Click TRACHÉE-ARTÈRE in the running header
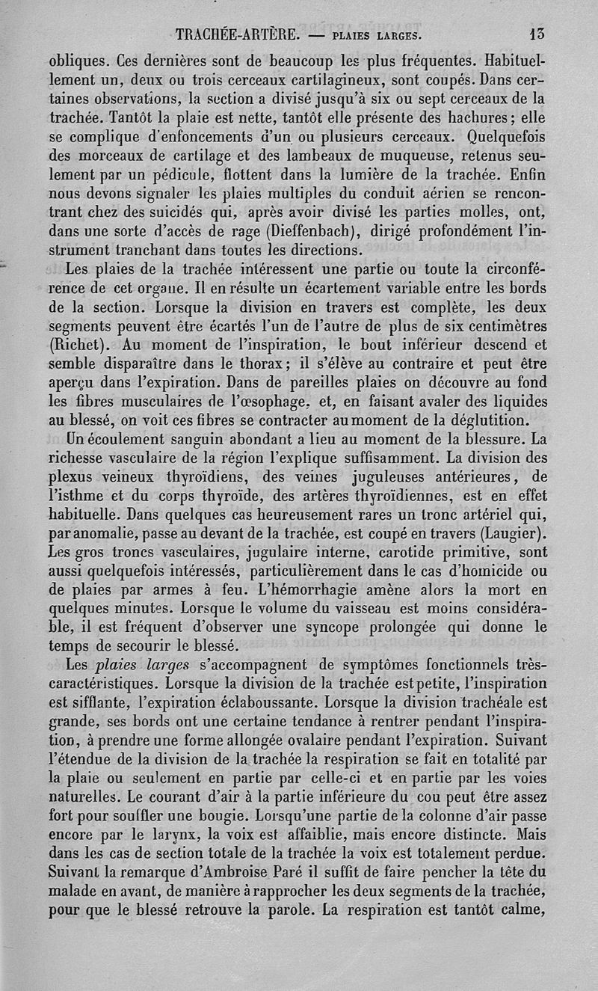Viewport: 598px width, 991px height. click(x=237, y=34)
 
